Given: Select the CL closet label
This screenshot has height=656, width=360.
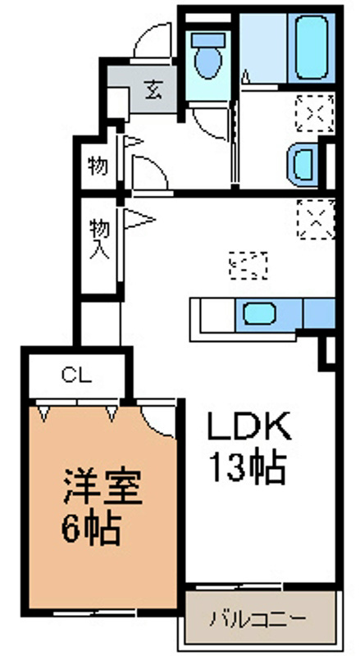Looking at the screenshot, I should [x=75, y=376].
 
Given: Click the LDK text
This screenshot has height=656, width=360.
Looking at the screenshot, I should [x=248, y=426].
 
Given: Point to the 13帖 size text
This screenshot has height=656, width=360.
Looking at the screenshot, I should [x=247, y=470].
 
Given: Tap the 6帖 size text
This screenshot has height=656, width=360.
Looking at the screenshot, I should [x=92, y=530].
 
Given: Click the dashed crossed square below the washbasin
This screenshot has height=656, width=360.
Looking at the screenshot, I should [x=316, y=218].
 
